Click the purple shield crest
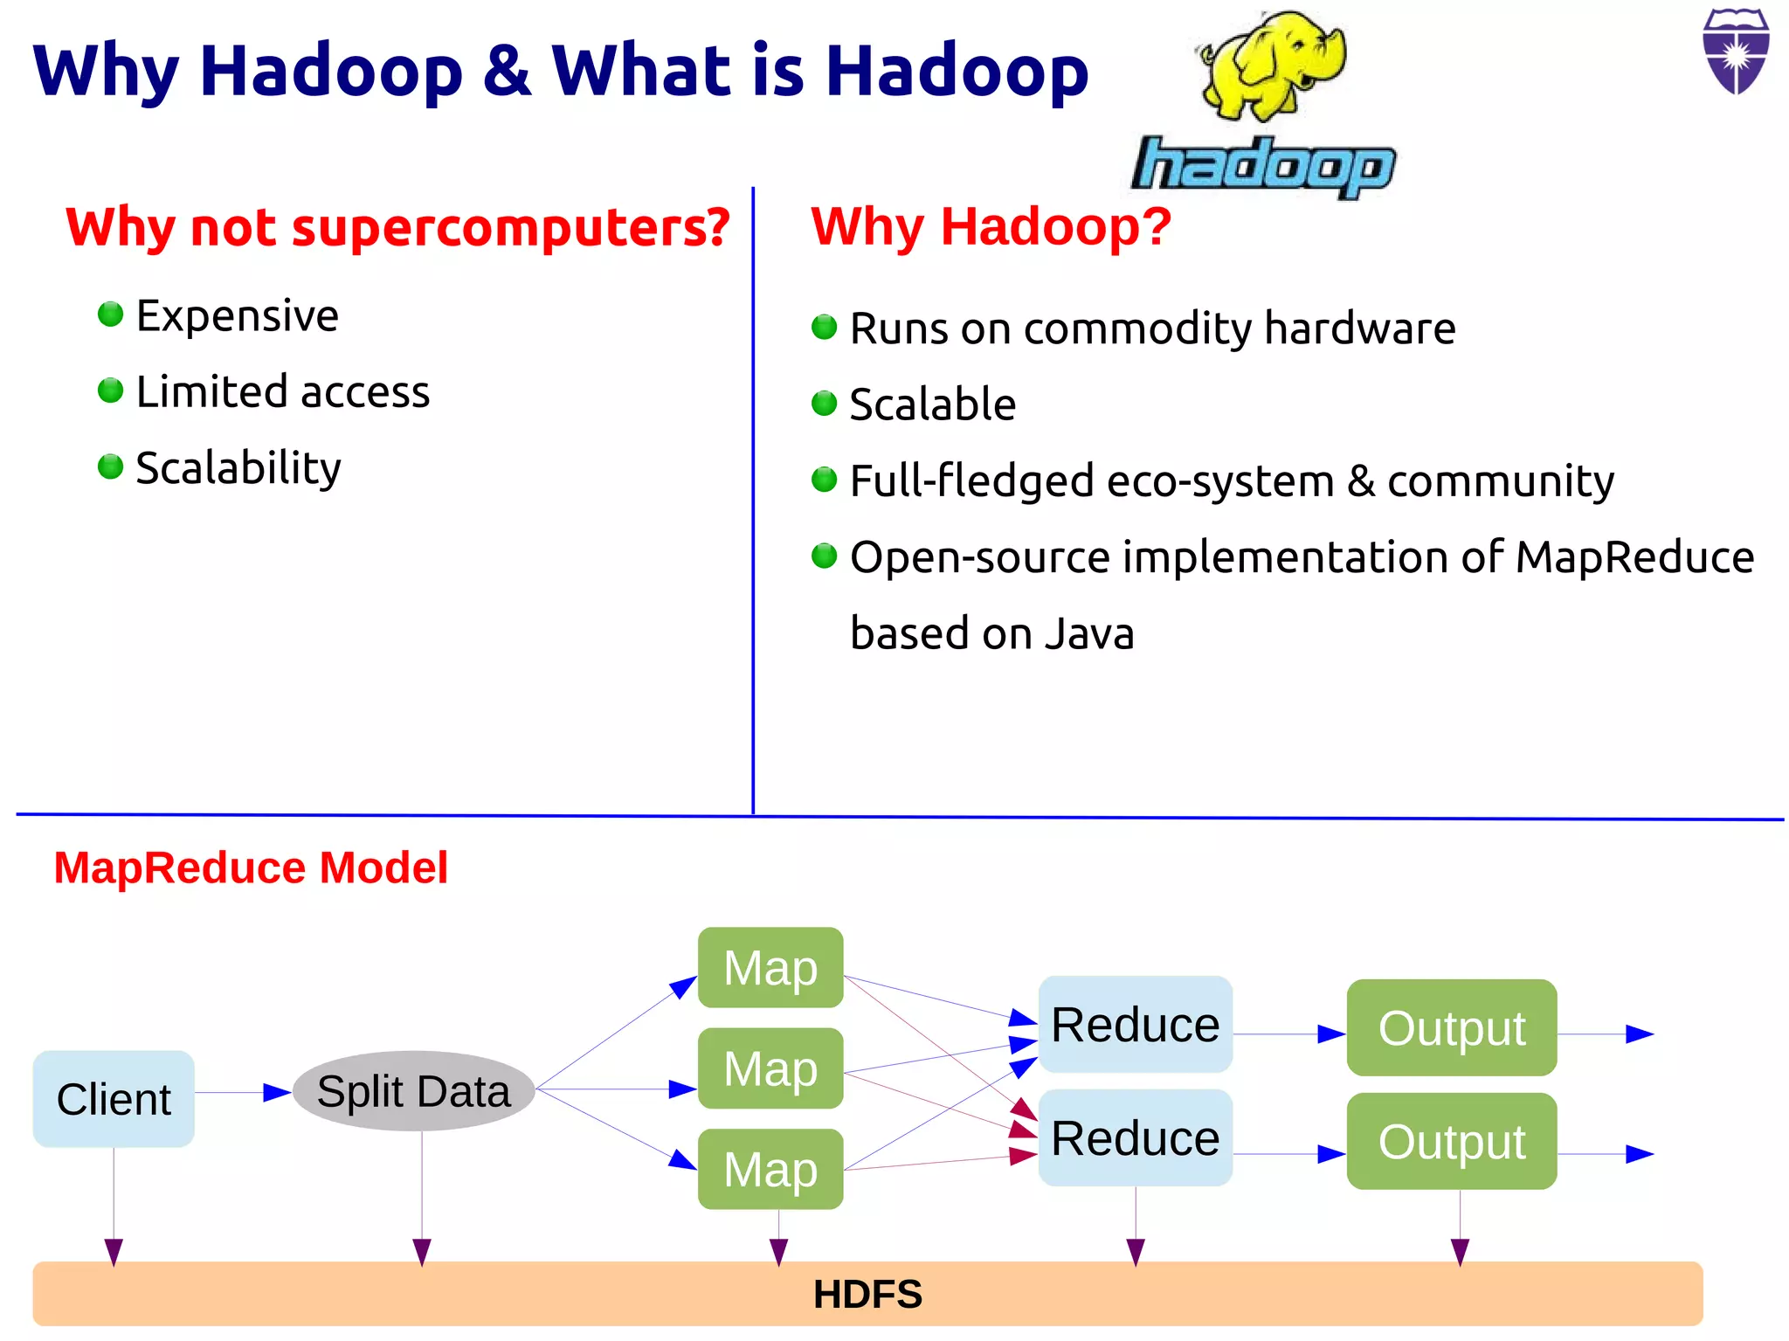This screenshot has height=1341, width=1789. point(1736,52)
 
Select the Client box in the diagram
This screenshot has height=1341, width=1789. point(114,1098)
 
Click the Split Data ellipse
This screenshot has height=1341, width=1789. point(413,1091)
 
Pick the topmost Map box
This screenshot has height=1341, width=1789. point(770,967)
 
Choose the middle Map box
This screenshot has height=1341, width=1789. point(770,1068)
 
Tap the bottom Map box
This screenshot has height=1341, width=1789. point(770,1169)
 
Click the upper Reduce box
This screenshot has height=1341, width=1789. point(1135,1024)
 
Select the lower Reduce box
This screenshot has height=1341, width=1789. point(1135,1137)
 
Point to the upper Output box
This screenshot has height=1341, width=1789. point(1451,1027)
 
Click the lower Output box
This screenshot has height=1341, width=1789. point(1451,1141)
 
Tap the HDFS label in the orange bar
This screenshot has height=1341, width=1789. point(867,1294)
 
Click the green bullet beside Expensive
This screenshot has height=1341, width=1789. point(111,314)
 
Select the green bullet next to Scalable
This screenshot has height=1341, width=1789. point(824,403)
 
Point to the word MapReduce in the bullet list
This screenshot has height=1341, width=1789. point(1634,557)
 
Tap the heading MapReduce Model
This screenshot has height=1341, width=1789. point(251,868)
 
